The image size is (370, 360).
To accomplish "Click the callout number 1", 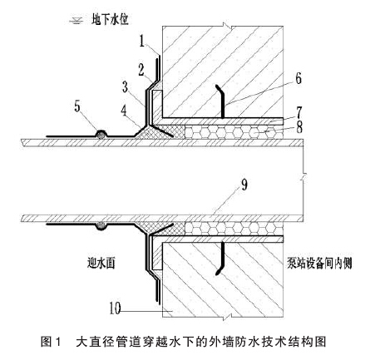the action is click(142, 42).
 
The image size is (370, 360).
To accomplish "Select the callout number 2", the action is click(141, 70).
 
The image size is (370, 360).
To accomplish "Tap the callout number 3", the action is click(126, 86).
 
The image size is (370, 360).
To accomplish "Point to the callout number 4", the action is click(124, 111).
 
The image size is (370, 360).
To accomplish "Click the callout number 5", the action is click(77, 106).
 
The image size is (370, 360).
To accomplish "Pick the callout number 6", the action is click(298, 78).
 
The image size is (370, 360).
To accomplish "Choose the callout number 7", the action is click(298, 112).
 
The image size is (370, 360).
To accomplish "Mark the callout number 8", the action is click(299, 127).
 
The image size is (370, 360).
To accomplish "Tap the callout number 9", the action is click(244, 185).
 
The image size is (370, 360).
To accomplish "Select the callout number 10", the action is click(115, 308).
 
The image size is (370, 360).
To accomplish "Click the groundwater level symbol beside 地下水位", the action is click(76, 20).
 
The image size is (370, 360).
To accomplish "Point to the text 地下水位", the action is click(110, 20).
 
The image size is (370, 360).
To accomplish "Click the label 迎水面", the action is click(101, 263).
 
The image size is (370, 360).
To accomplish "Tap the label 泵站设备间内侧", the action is click(319, 263).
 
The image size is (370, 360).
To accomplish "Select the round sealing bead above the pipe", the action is click(101, 135).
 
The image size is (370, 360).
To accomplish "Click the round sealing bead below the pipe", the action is click(101, 225).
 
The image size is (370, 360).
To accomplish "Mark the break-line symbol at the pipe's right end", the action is click(303, 176).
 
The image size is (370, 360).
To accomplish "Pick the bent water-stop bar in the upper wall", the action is click(223, 102).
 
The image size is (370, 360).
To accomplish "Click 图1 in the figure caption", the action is click(51, 342).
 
